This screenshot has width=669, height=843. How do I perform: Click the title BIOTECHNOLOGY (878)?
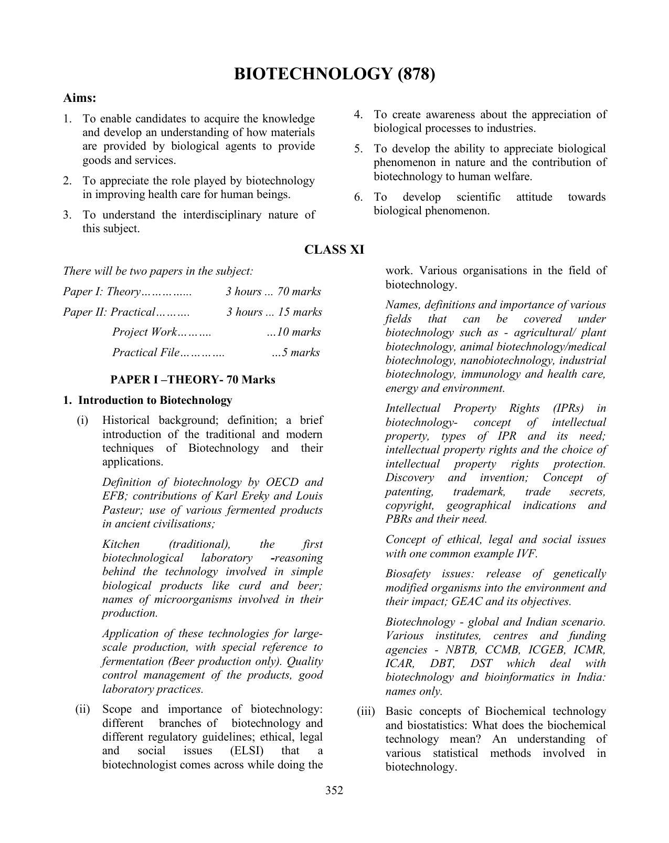(x=334, y=74)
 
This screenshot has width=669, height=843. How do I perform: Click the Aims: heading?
(x=79, y=98)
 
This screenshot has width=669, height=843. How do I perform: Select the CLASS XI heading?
(x=334, y=249)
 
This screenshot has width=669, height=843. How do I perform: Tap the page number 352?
(x=334, y=790)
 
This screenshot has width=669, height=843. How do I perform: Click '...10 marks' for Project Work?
(x=294, y=332)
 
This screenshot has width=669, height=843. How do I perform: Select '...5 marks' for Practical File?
(x=296, y=352)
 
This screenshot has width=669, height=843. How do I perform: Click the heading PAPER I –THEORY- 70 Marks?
(x=193, y=379)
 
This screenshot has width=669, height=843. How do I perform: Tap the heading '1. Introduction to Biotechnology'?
(x=147, y=400)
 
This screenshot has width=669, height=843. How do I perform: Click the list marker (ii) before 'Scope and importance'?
(x=83, y=709)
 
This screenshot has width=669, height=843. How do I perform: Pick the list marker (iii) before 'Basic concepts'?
(x=366, y=711)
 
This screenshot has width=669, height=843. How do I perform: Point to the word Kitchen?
(x=121, y=544)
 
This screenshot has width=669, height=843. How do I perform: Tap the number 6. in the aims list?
(x=358, y=197)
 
